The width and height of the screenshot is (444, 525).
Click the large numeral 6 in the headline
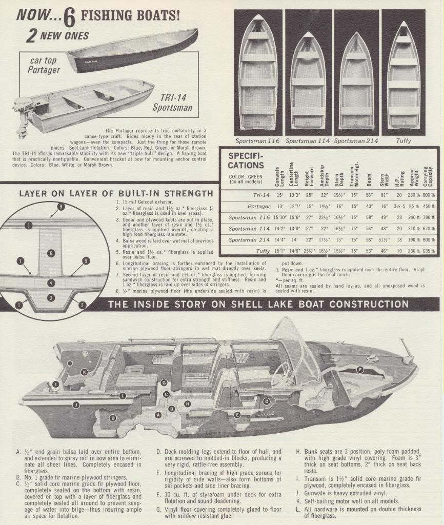coord(70,16)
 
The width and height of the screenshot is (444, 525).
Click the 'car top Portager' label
coord(44,65)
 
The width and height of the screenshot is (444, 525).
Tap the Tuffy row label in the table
coord(264,251)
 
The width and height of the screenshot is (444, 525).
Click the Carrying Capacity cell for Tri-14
coord(430,195)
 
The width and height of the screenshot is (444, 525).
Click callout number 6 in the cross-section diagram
coord(51,253)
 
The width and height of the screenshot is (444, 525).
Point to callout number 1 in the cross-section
coord(19,305)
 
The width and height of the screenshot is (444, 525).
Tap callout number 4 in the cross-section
coord(51,282)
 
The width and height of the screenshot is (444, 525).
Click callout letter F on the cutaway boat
coord(360,370)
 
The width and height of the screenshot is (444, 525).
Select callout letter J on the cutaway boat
coord(76,405)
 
